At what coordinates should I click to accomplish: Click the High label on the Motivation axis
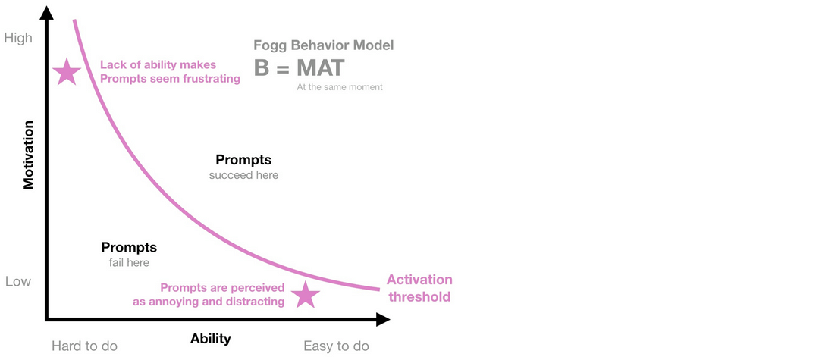(x=18, y=37)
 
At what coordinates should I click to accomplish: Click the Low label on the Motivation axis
(x=18, y=281)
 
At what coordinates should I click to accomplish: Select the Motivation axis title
(x=29, y=154)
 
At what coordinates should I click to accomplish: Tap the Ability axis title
(x=210, y=338)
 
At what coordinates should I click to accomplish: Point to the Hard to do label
(x=84, y=346)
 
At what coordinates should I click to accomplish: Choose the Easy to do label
(x=336, y=346)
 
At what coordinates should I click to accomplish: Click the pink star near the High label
(x=67, y=72)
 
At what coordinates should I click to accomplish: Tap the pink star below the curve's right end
(x=306, y=295)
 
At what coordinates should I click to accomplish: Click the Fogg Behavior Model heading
(x=323, y=45)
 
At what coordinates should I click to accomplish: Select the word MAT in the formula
(x=319, y=68)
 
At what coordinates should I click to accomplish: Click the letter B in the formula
(x=262, y=68)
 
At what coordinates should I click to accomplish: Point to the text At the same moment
(x=339, y=87)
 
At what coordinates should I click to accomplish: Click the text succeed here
(x=243, y=175)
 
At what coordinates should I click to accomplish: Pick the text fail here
(x=129, y=262)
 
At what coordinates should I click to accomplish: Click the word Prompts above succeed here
(x=243, y=160)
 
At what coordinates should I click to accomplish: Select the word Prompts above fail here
(x=129, y=247)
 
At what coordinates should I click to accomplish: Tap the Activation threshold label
(x=419, y=288)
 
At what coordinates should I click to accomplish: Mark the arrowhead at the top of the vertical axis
(x=47, y=12)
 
